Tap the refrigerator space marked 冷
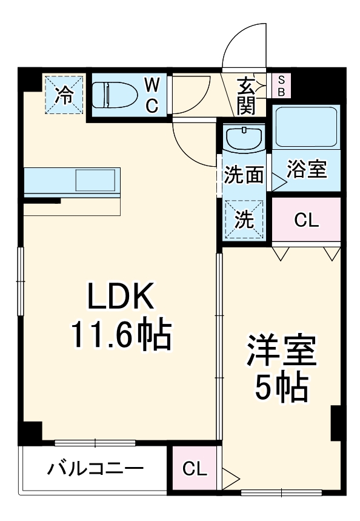pyautogui.click(x=64, y=93)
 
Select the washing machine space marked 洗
pyautogui.click(x=244, y=220)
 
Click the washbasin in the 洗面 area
pyautogui.click(x=244, y=139)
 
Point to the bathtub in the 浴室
pyautogui.click(x=305, y=128)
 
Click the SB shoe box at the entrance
pyautogui.click(x=281, y=86)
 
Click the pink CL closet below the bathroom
pyautogui.click(x=306, y=220)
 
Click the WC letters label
pyautogui.click(x=152, y=95)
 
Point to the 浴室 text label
pyautogui.click(x=306, y=170)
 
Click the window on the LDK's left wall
pyautogui.click(x=21, y=281)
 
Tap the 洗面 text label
pyautogui.click(x=244, y=175)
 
